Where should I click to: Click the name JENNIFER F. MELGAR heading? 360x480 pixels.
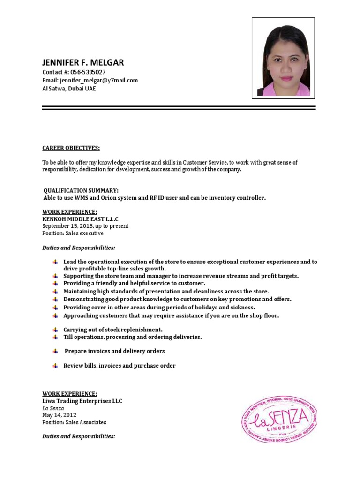point(83,63)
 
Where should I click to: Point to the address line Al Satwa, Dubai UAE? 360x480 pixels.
point(69,88)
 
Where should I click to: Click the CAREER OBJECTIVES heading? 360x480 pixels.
point(71,148)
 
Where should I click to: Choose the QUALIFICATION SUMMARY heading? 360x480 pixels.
point(81,190)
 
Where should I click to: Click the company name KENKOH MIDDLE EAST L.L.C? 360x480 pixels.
point(80,219)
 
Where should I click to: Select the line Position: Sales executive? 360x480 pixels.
point(73,233)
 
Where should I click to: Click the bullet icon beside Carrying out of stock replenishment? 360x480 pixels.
point(55,330)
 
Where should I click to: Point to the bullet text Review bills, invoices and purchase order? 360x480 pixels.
point(120,366)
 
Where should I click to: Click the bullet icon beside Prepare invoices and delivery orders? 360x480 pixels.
point(55,351)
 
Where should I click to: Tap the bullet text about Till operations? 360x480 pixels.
point(133,337)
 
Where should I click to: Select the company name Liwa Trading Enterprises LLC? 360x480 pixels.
point(82,401)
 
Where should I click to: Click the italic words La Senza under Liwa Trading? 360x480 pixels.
point(53,408)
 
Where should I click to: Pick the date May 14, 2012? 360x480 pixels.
point(59,415)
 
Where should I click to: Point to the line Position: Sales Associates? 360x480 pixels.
point(74,422)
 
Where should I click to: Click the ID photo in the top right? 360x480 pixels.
point(283,58)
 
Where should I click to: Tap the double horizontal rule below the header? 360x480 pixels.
point(179,108)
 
